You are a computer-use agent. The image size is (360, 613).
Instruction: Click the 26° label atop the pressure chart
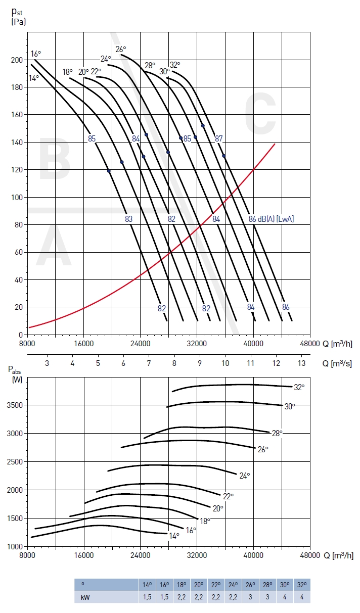tap(120, 49)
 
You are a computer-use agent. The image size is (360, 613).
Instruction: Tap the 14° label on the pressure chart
tap(34, 78)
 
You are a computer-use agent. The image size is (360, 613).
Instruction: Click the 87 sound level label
tap(218, 138)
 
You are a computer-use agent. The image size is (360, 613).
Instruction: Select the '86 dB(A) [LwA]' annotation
tap(271, 219)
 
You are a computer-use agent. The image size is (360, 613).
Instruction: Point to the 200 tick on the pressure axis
tap(17, 60)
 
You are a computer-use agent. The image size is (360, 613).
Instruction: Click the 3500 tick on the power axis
tap(14, 405)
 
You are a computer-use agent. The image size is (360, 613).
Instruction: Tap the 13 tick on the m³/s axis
tap(302, 363)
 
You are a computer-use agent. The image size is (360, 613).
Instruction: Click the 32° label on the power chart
tap(299, 387)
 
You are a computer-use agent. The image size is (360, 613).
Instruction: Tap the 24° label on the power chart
tap(245, 476)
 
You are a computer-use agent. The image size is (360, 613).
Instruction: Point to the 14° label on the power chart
tap(174, 536)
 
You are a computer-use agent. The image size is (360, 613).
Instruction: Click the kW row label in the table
tap(84, 597)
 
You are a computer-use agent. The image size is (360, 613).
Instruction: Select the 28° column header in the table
tap(267, 585)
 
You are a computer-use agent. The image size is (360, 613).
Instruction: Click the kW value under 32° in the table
tap(301, 597)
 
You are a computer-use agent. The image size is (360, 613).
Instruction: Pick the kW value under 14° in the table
tap(147, 597)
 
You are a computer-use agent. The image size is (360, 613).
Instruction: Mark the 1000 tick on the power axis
tap(14, 547)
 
